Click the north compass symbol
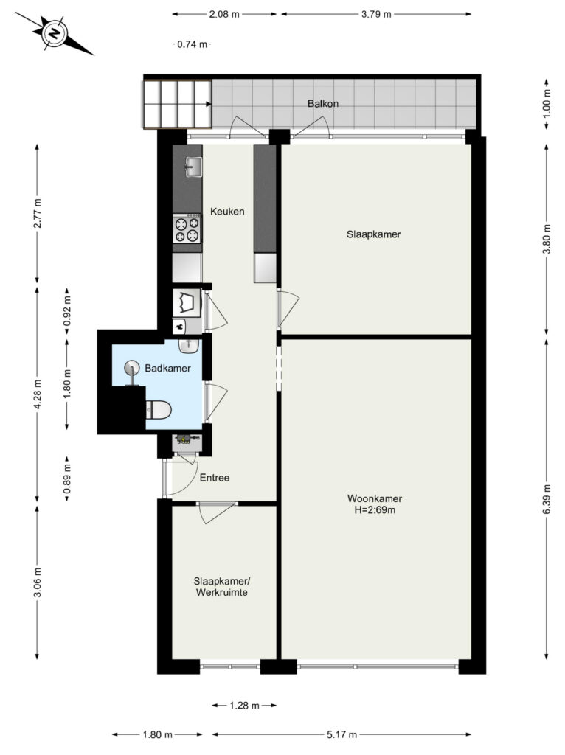coord(55,33)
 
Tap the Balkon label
coord(323,103)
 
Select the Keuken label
coord(227,212)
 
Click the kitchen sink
coord(193,167)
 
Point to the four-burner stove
coord(187,230)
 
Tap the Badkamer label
coord(167,369)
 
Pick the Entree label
coord(215,478)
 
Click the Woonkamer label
coord(375,498)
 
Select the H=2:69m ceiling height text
coord(375,510)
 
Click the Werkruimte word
coord(221,592)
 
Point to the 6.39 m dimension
coord(547,499)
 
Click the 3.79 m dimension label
coord(376,14)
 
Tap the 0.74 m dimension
coord(193,44)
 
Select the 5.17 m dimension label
coord(342,735)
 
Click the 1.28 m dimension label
coord(244,706)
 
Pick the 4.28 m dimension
coord(38,394)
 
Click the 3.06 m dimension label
coord(38,582)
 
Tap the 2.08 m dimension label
coord(224,14)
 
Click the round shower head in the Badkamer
coord(131,369)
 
